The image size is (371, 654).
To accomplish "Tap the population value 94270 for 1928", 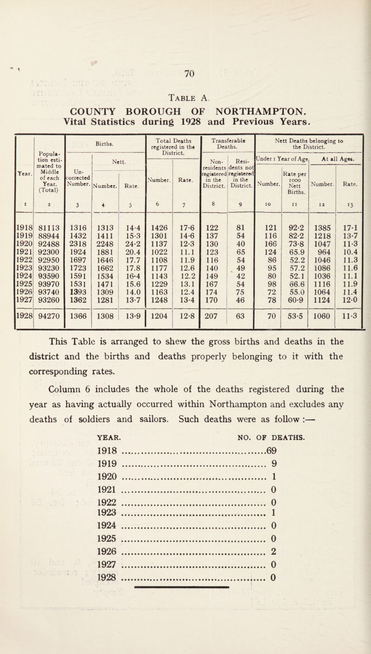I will [x=46, y=335].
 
